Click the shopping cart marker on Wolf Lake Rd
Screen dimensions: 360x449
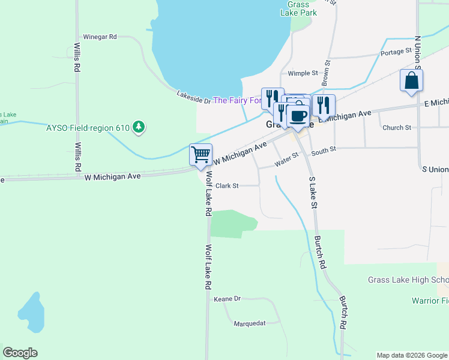pyautogui.click(x=201, y=154)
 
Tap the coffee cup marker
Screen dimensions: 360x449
pyautogui.click(x=297, y=114)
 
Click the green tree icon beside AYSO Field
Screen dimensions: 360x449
pyautogui.click(x=139, y=127)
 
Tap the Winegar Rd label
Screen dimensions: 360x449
pyautogui.click(x=100, y=37)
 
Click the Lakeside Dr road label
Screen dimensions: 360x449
pyautogui.click(x=193, y=97)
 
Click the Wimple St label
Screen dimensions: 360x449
pyautogui.click(x=303, y=73)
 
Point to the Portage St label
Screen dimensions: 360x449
pyautogui.click(x=396, y=52)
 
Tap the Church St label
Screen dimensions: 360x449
pyautogui.click(x=396, y=128)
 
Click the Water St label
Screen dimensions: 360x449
pyautogui.click(x=286, y=159)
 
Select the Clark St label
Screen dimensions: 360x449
pyautogui.click(x=227, y=186)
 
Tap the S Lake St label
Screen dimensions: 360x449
pyautogui.click(x=313, y=192)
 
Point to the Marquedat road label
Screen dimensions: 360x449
pyautogui.click(x=250, y=323)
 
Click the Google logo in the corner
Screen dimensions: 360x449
pyautogui.click(x=20, y=353)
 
